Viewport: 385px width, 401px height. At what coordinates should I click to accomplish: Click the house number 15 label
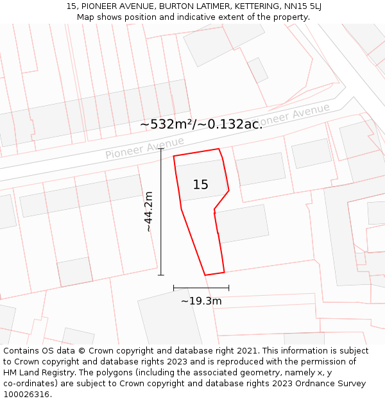click(200, 185)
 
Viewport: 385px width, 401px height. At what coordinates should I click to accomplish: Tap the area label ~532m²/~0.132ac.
click(201, 124)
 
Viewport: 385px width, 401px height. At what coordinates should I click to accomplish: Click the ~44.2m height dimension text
click(148, 211)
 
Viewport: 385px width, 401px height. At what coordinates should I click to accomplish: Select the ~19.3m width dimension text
click(201, 301)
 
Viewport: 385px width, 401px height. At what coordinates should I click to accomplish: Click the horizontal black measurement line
click(201, 288)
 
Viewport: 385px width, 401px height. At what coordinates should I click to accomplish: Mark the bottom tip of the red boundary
click(205, 275)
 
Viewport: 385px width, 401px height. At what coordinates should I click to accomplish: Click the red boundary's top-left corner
click(174, 156)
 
